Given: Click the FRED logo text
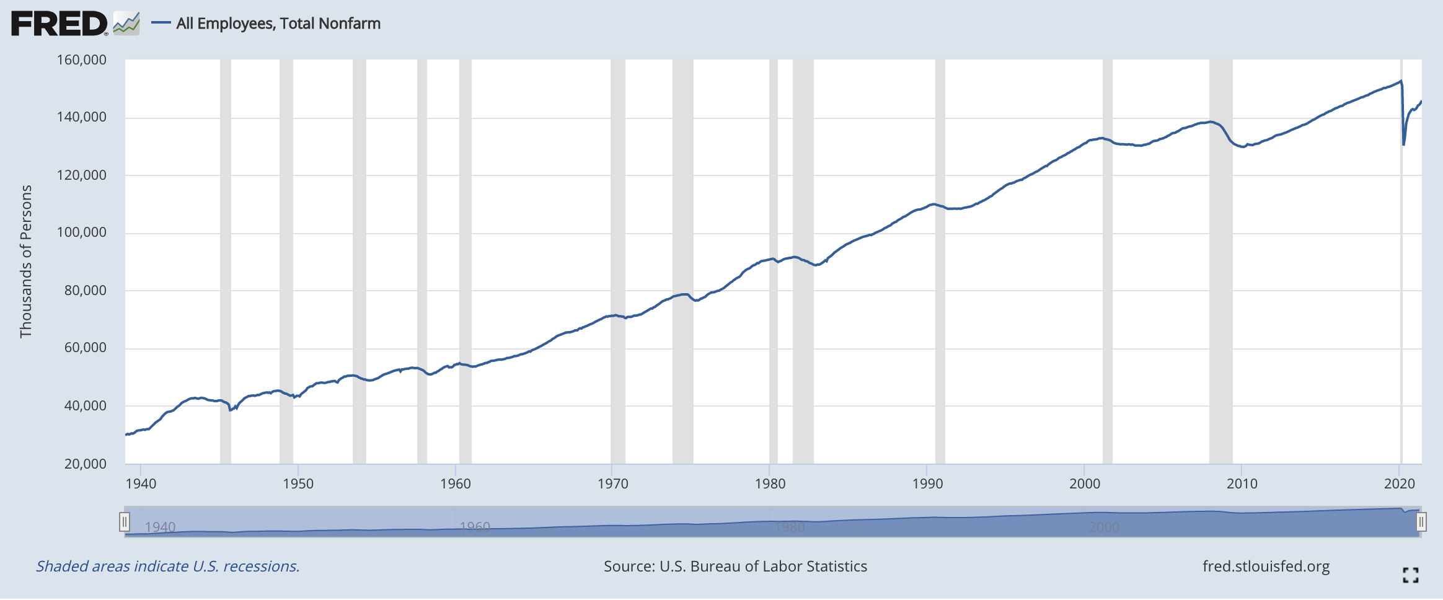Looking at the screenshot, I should (x=59, y=24).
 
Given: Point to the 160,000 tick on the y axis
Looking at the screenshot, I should (x=82, y=60).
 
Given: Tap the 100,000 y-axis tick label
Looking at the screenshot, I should (x=82, y=232).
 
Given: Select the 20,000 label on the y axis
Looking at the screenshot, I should (x=86, y=464).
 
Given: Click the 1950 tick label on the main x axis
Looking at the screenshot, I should (x=298, y=483).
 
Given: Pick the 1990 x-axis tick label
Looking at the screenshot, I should (x=927, y=483).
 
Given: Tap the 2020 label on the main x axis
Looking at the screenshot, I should (x=1399, y=483).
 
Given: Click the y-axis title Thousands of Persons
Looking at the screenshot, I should (x=25, y=262).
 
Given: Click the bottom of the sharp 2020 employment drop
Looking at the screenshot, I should (x=1403, y=144).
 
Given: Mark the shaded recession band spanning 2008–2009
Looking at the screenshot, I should (x=1220, y=260).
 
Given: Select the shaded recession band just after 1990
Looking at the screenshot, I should (x=940, y=260).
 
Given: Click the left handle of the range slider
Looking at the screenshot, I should (x=125, y=522).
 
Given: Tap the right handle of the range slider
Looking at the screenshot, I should (x=1421, y=522).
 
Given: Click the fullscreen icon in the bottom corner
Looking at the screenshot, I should (x=1410, y=575).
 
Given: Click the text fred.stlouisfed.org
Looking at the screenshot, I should (x=1266, y=567).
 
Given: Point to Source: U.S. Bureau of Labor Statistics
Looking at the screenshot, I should (x=735, y=567).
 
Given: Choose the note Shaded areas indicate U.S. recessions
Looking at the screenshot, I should (x=168, y=567).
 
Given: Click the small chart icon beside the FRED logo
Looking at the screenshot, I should (x=126, y=24).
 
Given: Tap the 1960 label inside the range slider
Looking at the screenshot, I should (x=475, y=527).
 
